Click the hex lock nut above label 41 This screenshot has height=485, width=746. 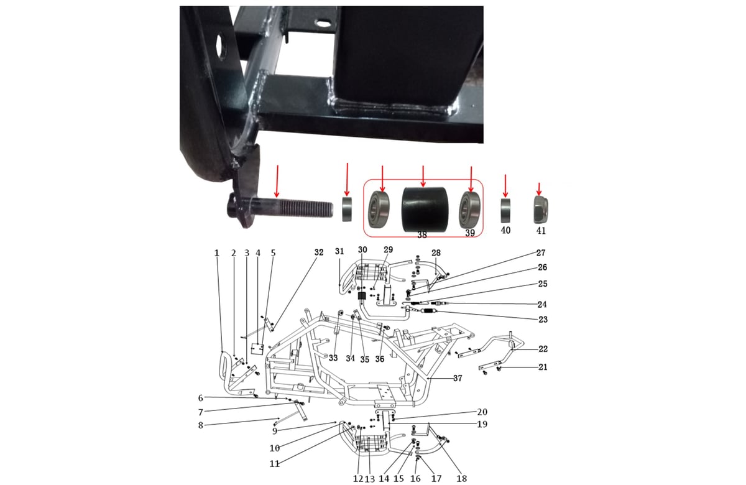(540, 210)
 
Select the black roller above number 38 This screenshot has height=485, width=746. (425, 209)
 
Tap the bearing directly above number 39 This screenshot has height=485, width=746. (469, 210)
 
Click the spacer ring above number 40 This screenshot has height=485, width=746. (505, 211)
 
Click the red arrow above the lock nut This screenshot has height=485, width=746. (539, 189)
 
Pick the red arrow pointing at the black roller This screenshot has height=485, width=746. (423, 176)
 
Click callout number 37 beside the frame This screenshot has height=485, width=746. (458, 378)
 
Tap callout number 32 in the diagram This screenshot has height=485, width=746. (319, 252)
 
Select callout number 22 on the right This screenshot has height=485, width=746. (543, 349)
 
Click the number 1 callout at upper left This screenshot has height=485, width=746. (217, 253)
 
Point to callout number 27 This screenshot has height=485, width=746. (540, 253)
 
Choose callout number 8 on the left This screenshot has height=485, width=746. (200, 425)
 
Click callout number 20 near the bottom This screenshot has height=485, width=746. (482, 412)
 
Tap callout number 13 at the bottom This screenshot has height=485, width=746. (369, 479)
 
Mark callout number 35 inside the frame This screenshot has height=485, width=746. (365, 359)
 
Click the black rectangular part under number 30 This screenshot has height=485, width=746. (362, 296)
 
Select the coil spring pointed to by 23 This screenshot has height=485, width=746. (428, 311)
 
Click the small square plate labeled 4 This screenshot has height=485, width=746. (257, 348)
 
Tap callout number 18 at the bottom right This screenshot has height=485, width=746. (461, 479)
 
